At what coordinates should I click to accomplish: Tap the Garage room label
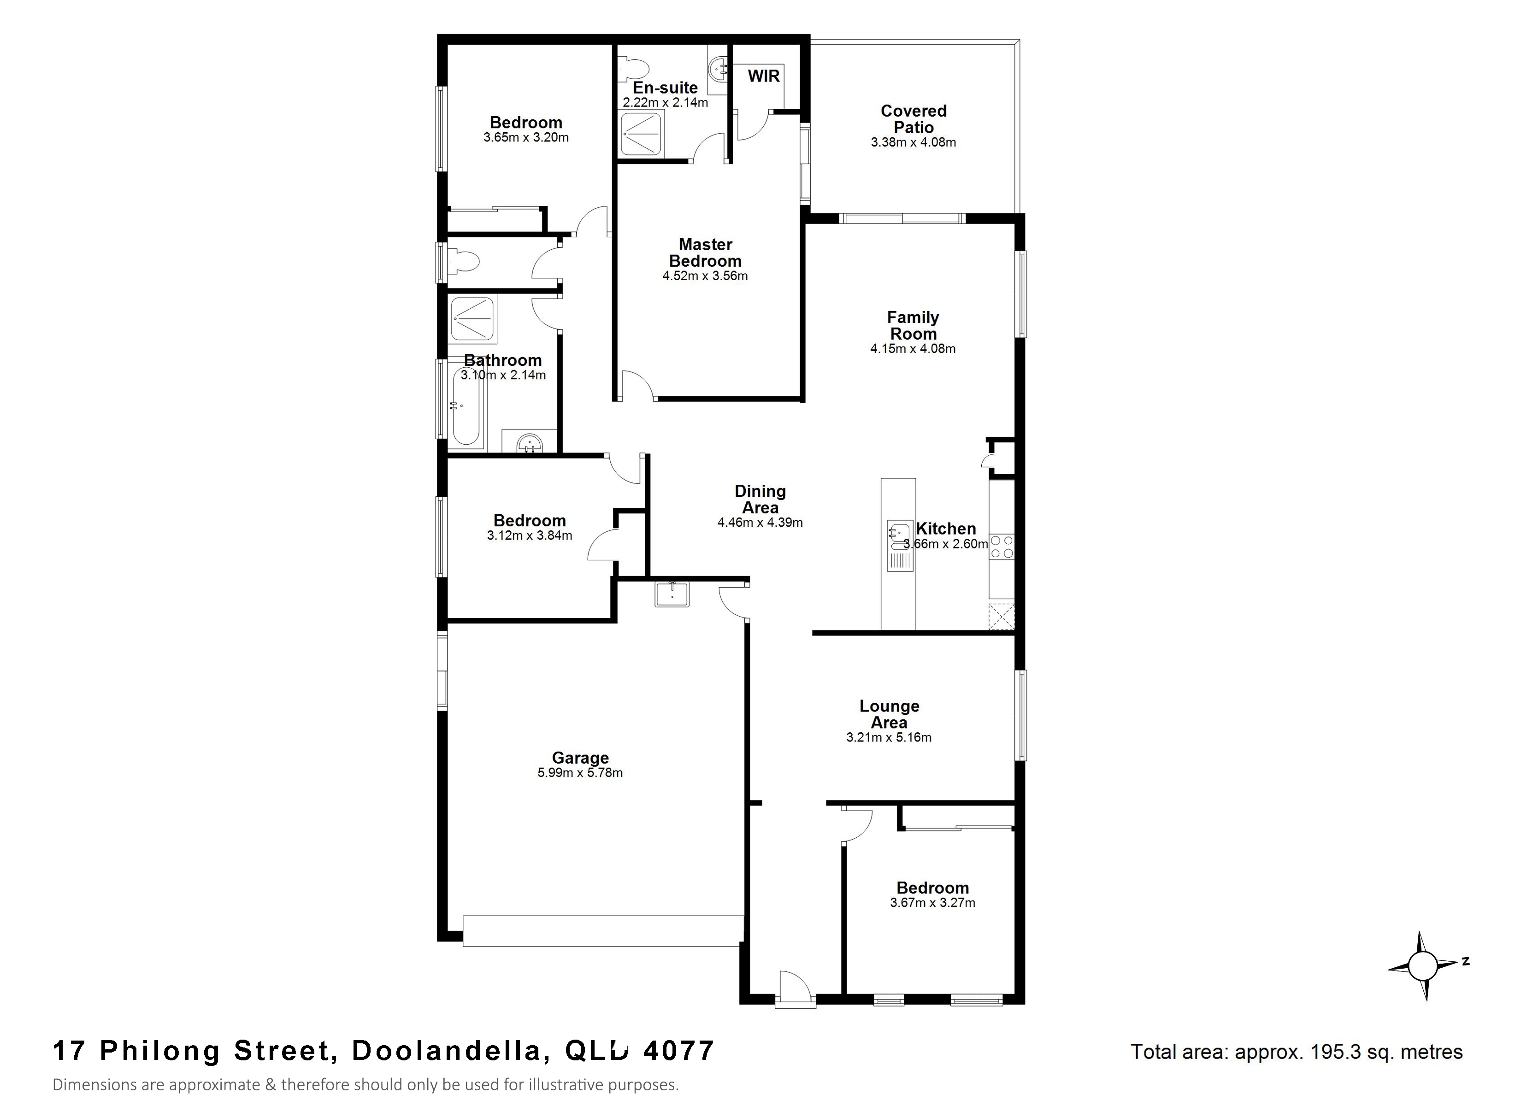(x=580, y=758)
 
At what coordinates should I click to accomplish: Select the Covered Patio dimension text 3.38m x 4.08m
(x=914, y=142)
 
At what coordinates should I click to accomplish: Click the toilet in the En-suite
(x=633, y=68)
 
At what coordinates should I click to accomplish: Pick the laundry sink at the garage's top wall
(x=671, y=594)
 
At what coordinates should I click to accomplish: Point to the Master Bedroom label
(x=706, y=253)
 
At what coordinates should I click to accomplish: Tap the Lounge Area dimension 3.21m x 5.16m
(x=889, y=738)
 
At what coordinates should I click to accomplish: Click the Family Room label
(x=913, y=325)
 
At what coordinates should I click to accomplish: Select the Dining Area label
(x=760, y=500)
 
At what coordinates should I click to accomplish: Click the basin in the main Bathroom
(x=530, y=442)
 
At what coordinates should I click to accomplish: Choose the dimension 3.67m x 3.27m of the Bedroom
(x=932, y=903)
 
